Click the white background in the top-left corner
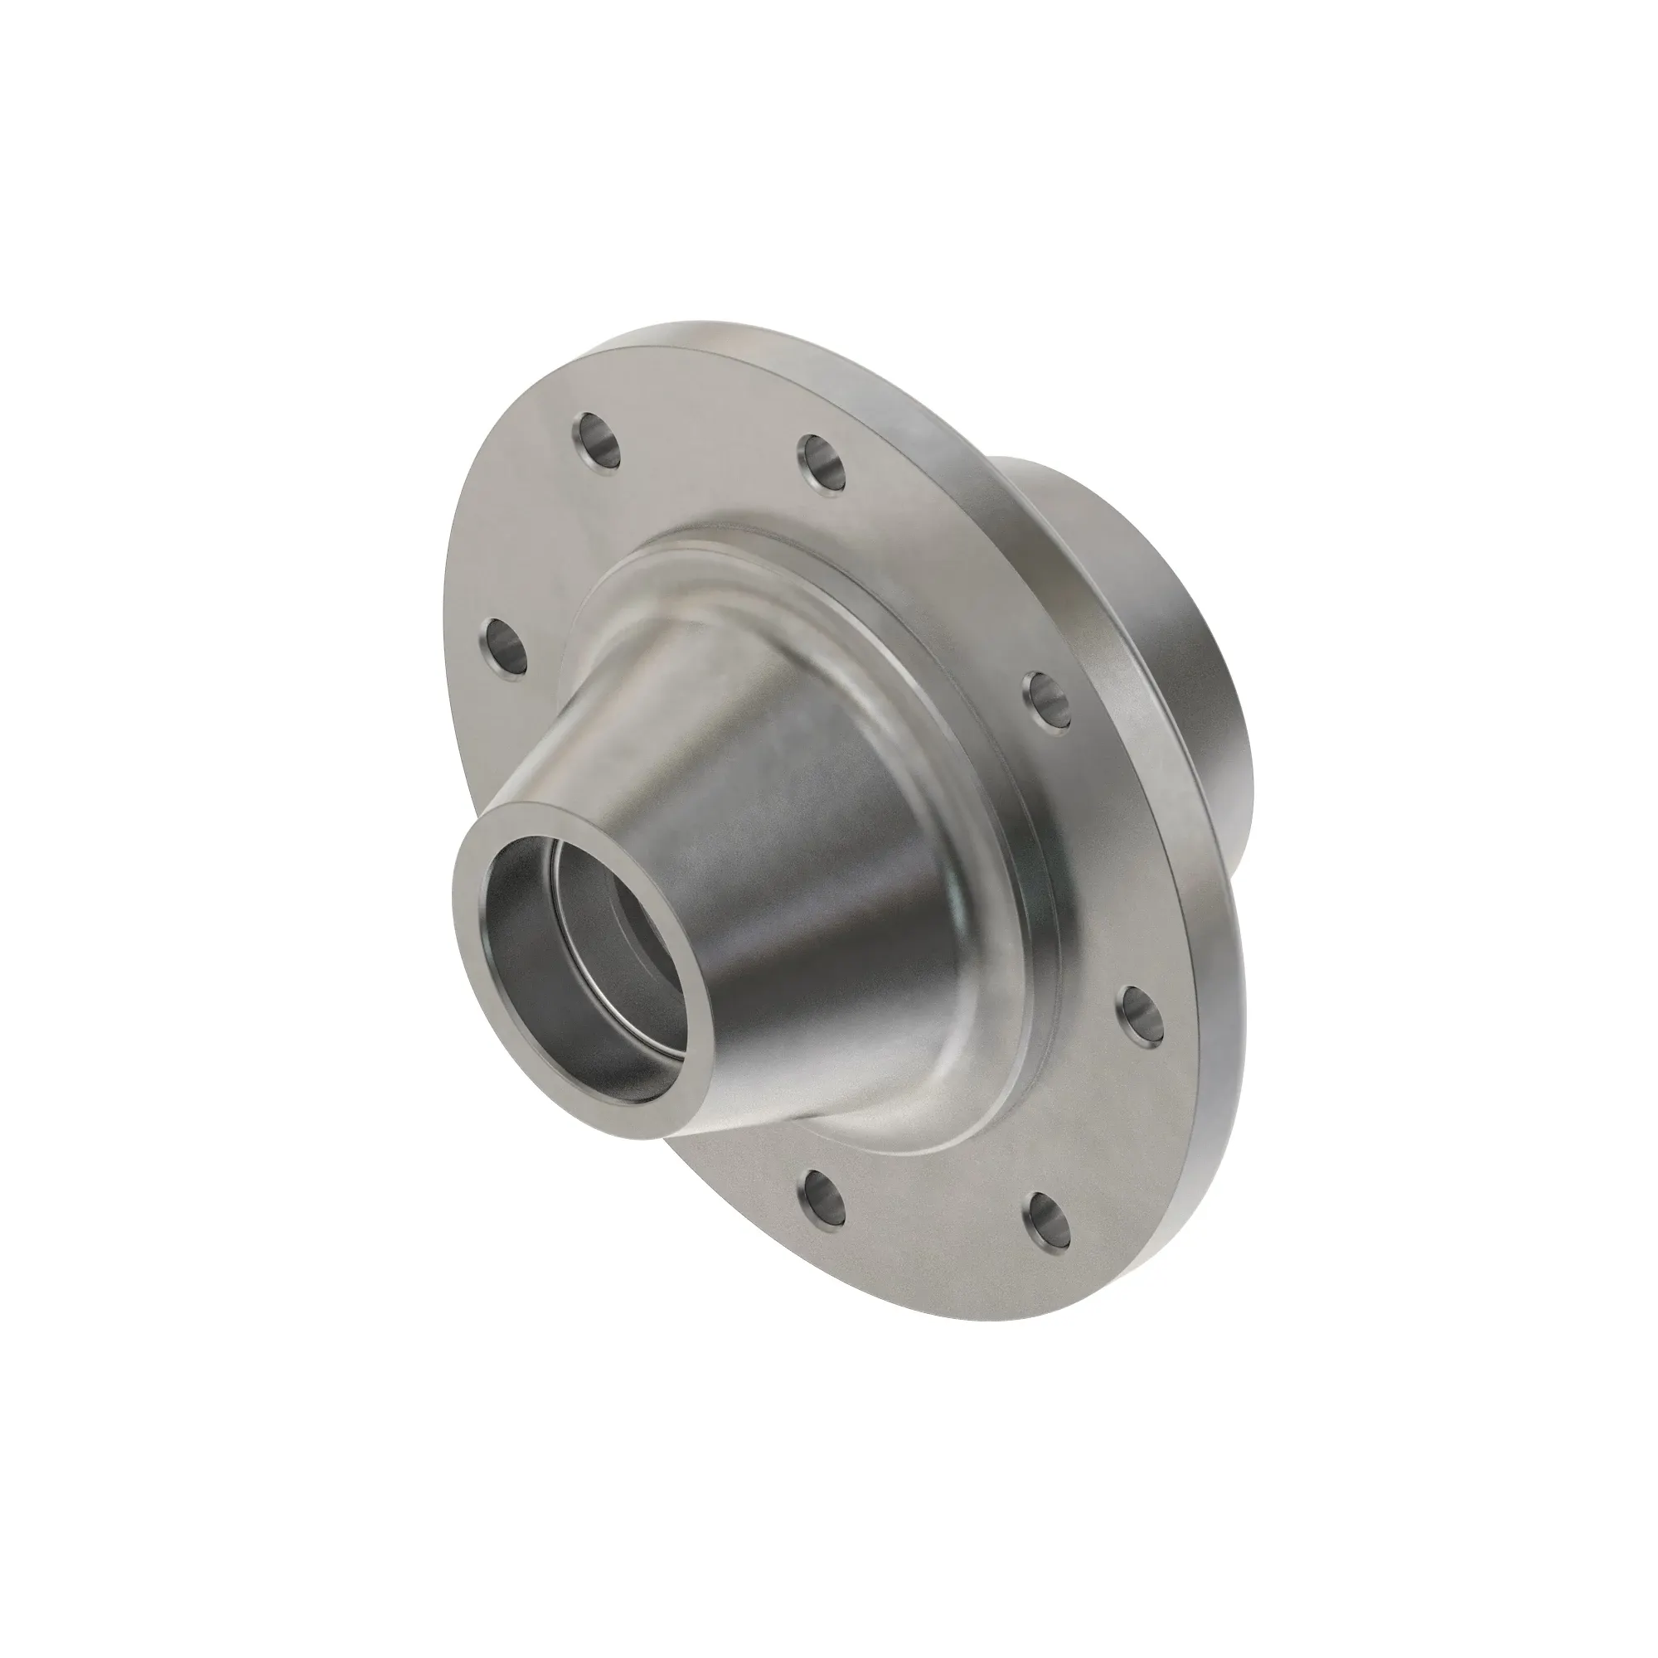(86, 86)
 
